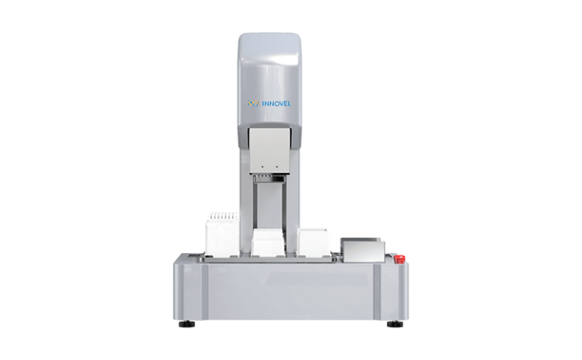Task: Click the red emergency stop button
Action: (399, 259)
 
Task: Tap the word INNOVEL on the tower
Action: (276, 104)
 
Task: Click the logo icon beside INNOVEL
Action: (253, 104)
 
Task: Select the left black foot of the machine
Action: (187, 324)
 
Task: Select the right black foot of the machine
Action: (395, 324)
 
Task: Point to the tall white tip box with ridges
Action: (223, 234)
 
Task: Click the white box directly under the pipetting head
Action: (268, 243)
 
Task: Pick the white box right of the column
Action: (314, 242)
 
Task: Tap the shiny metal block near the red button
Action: (363, 250)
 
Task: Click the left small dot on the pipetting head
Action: (263, 167)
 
